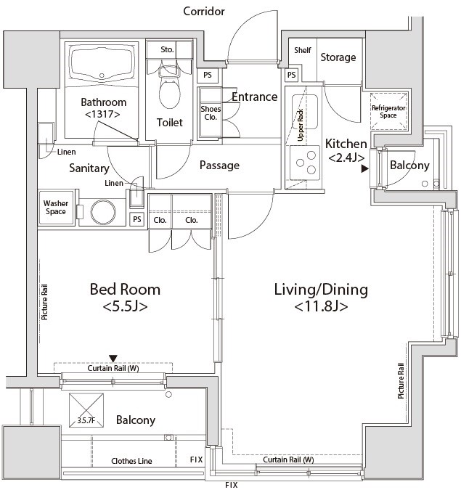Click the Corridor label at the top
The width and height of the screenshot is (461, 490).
[204, 11]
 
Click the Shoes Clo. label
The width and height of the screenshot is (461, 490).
[211, 113]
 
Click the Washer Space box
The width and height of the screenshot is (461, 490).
[55, 208]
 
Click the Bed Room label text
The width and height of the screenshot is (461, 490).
[125, 290]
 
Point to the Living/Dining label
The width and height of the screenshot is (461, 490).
[320, 290]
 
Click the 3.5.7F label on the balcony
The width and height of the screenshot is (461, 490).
[86, 420]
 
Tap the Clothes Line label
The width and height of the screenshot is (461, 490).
[131, 461]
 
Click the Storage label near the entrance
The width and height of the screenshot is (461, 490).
[338, 57]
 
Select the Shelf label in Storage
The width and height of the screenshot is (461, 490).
[303, 50]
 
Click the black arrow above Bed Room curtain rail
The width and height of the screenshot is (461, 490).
[113, 357]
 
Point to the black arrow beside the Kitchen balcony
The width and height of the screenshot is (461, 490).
[365, 169]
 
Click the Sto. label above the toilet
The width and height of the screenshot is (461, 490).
[167, 49]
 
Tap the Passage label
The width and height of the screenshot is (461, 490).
[219, 166]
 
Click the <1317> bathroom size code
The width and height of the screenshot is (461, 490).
[102, 114]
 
